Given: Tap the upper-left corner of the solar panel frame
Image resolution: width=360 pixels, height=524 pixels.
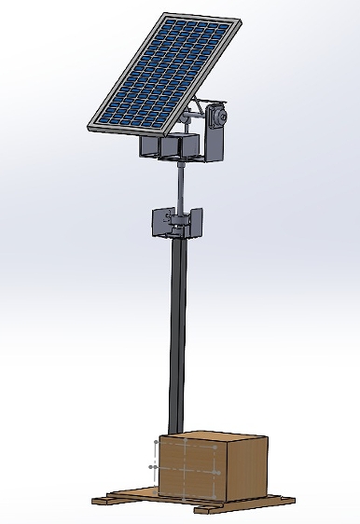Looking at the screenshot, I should coord(166,14).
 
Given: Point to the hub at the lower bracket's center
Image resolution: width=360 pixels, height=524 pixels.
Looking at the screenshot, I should coord(177,224).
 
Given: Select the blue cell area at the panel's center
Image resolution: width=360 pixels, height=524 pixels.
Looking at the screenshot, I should coord(168,72).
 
